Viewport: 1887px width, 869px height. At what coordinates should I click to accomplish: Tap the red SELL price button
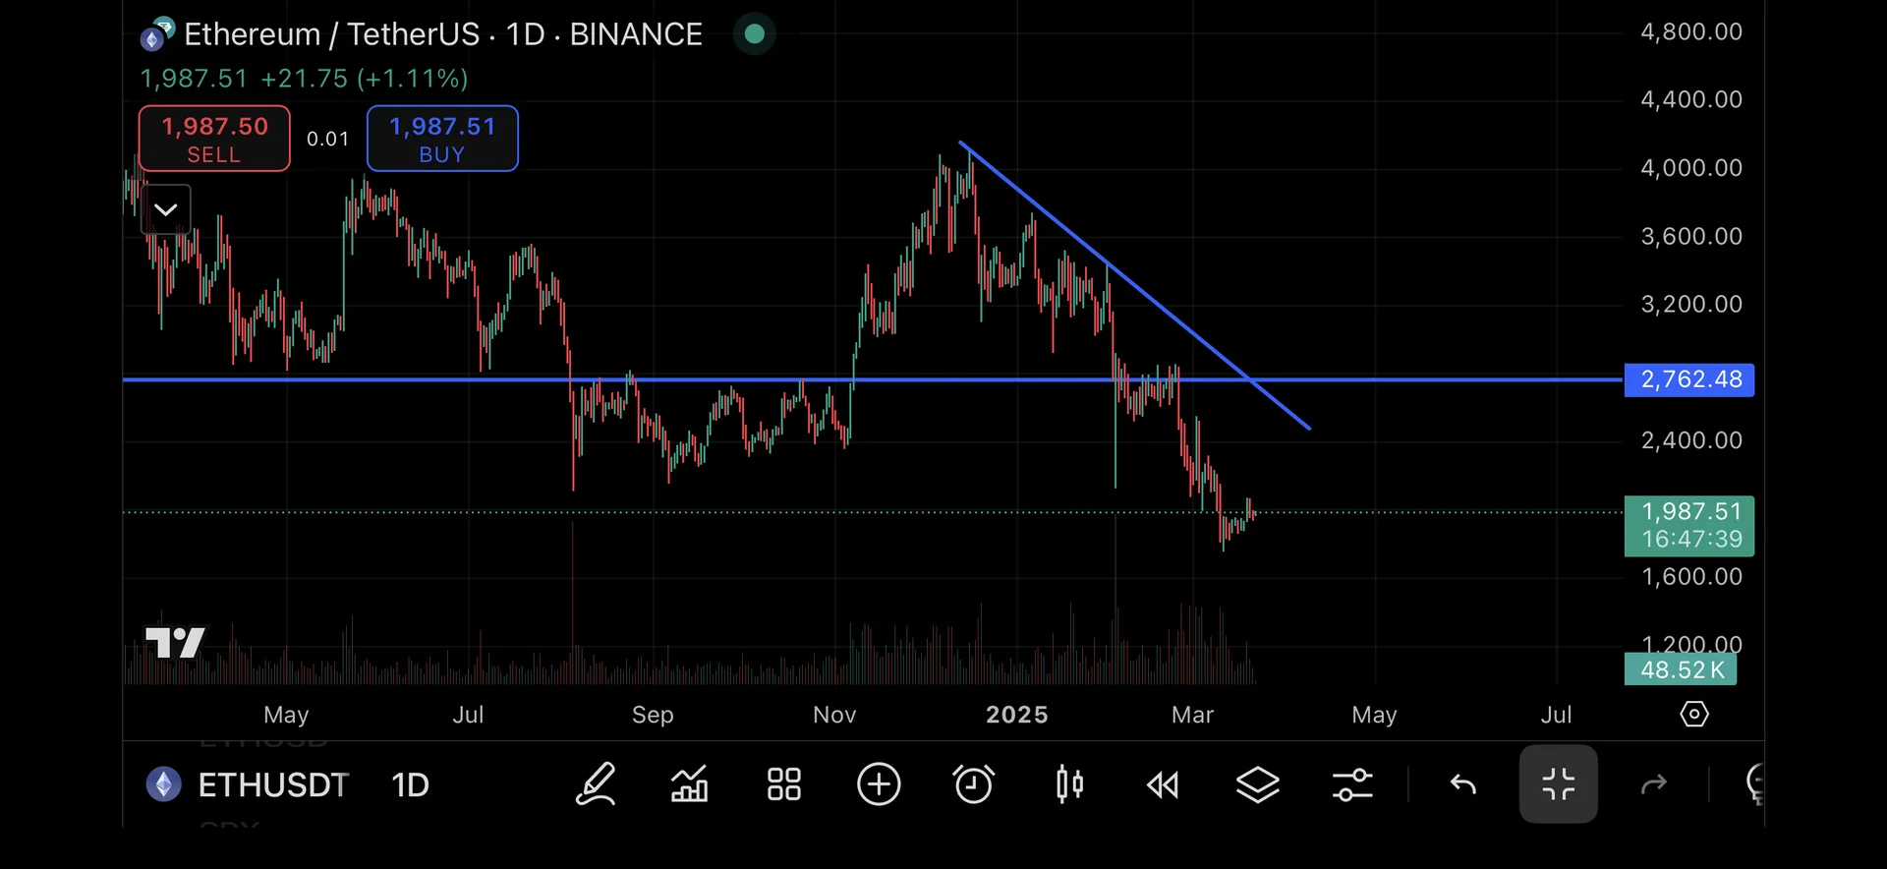coord(214,139)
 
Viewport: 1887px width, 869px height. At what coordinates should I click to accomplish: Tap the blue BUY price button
coord(442,139)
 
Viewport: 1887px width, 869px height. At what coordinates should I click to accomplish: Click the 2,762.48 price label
coord(1689,379)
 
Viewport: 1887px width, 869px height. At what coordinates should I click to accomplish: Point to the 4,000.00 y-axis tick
coord(1690,168)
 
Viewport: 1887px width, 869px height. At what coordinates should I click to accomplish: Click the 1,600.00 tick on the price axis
coord(1690,577)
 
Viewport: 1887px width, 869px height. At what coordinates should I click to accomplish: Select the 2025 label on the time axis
coord(1016,715)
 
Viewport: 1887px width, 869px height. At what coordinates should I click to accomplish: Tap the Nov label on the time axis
coord(834,715)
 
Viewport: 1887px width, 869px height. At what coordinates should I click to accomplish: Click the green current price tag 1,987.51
coord(1689,526)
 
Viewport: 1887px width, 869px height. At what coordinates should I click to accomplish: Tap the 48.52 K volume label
coord(1681,670)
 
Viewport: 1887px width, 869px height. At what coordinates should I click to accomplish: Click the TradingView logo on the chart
coord(175,643)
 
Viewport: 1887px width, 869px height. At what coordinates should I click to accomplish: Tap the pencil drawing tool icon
coord(596,784)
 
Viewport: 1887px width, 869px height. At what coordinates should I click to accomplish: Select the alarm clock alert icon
coord(973,784)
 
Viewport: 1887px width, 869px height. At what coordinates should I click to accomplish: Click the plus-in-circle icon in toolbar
coord(879,784)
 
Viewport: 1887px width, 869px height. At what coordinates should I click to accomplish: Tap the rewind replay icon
coord(1163,784)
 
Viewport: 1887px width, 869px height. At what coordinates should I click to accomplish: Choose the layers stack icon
coord(1257,784)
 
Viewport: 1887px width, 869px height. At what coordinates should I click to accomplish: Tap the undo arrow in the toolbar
coord(1463,784)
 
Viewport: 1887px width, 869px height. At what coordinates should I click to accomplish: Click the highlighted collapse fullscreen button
coord(1558,784)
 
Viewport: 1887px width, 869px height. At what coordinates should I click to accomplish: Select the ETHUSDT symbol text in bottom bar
coord(273,785)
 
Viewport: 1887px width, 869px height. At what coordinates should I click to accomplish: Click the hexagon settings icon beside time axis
coord(1694,715)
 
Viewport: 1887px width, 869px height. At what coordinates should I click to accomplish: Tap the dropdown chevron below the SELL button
coord(166,209)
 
